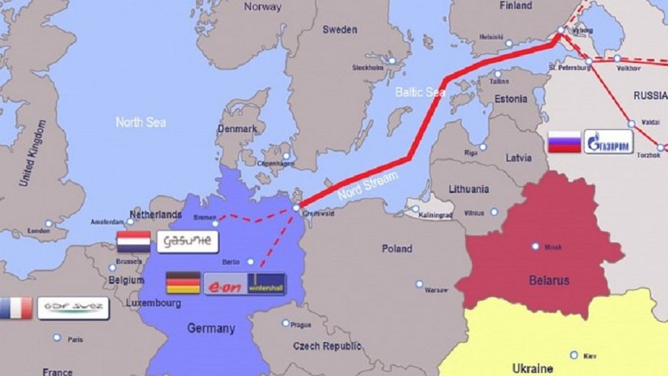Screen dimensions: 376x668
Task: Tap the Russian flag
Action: click(564, 142)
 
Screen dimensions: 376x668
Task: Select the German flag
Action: click(183, 283)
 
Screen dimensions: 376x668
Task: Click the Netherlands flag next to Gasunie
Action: click(134, 242)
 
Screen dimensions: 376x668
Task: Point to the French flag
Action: click(15, 308)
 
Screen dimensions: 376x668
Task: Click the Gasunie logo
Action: click(187, 241)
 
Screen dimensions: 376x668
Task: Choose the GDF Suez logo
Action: click(73, 308)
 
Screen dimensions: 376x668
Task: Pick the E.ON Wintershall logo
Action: click(244, 283)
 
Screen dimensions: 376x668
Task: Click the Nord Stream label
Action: click(368, 185)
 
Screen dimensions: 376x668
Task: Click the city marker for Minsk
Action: click(535, 246)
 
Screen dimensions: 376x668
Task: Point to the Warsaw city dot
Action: click(419, 283)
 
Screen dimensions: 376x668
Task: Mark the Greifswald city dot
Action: click(296, 208)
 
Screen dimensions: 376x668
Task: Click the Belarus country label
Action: click(550, 280)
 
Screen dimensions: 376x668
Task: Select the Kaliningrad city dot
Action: click(416, 208)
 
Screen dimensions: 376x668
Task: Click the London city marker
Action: click(48, 223)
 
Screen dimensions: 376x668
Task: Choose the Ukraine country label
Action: click(532, 368)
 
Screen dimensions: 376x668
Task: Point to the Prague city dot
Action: click(286, 323)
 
